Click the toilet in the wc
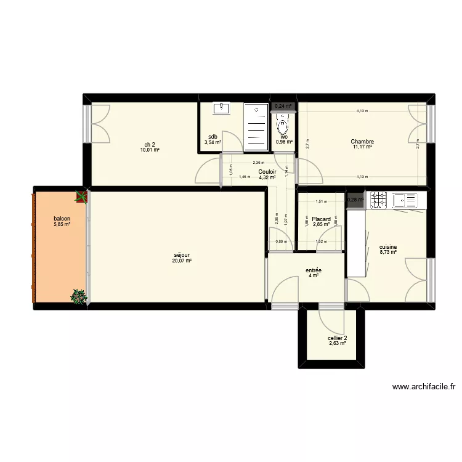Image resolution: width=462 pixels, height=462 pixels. click(x=282, y=127)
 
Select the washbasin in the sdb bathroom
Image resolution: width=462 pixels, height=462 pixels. click(x=221, y=109)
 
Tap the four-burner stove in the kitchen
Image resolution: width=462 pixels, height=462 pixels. click(x=378, y=199)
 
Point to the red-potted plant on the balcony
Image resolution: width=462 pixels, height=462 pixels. click(x=81, y=197)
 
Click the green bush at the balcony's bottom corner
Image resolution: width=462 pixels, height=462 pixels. click(x=78, y=297)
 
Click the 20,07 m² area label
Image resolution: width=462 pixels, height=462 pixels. click(x=182, y=261)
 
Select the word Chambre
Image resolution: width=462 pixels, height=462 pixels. click(x=363, y=142)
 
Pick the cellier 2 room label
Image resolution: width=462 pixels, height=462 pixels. click(x=337, y=338)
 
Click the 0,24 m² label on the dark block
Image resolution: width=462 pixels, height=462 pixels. click(x=283, y=106)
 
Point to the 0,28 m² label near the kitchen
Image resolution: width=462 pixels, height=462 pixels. click(x=355, y=200)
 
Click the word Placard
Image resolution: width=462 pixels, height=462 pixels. click(x=321, y=219)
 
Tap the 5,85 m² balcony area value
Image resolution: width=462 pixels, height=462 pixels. click(x=61, y=224)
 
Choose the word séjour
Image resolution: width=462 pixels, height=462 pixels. click(x=182, y=254)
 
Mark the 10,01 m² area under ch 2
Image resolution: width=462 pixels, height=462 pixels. click(x=150, y=150)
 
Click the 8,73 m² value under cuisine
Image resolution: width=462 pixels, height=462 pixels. click(x=387, y=251)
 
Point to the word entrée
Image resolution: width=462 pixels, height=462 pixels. click(x=313, y=269)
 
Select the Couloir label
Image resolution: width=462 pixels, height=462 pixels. click(x=267, y=172)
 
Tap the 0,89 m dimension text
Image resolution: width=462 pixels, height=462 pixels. click(x=281, y=241)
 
